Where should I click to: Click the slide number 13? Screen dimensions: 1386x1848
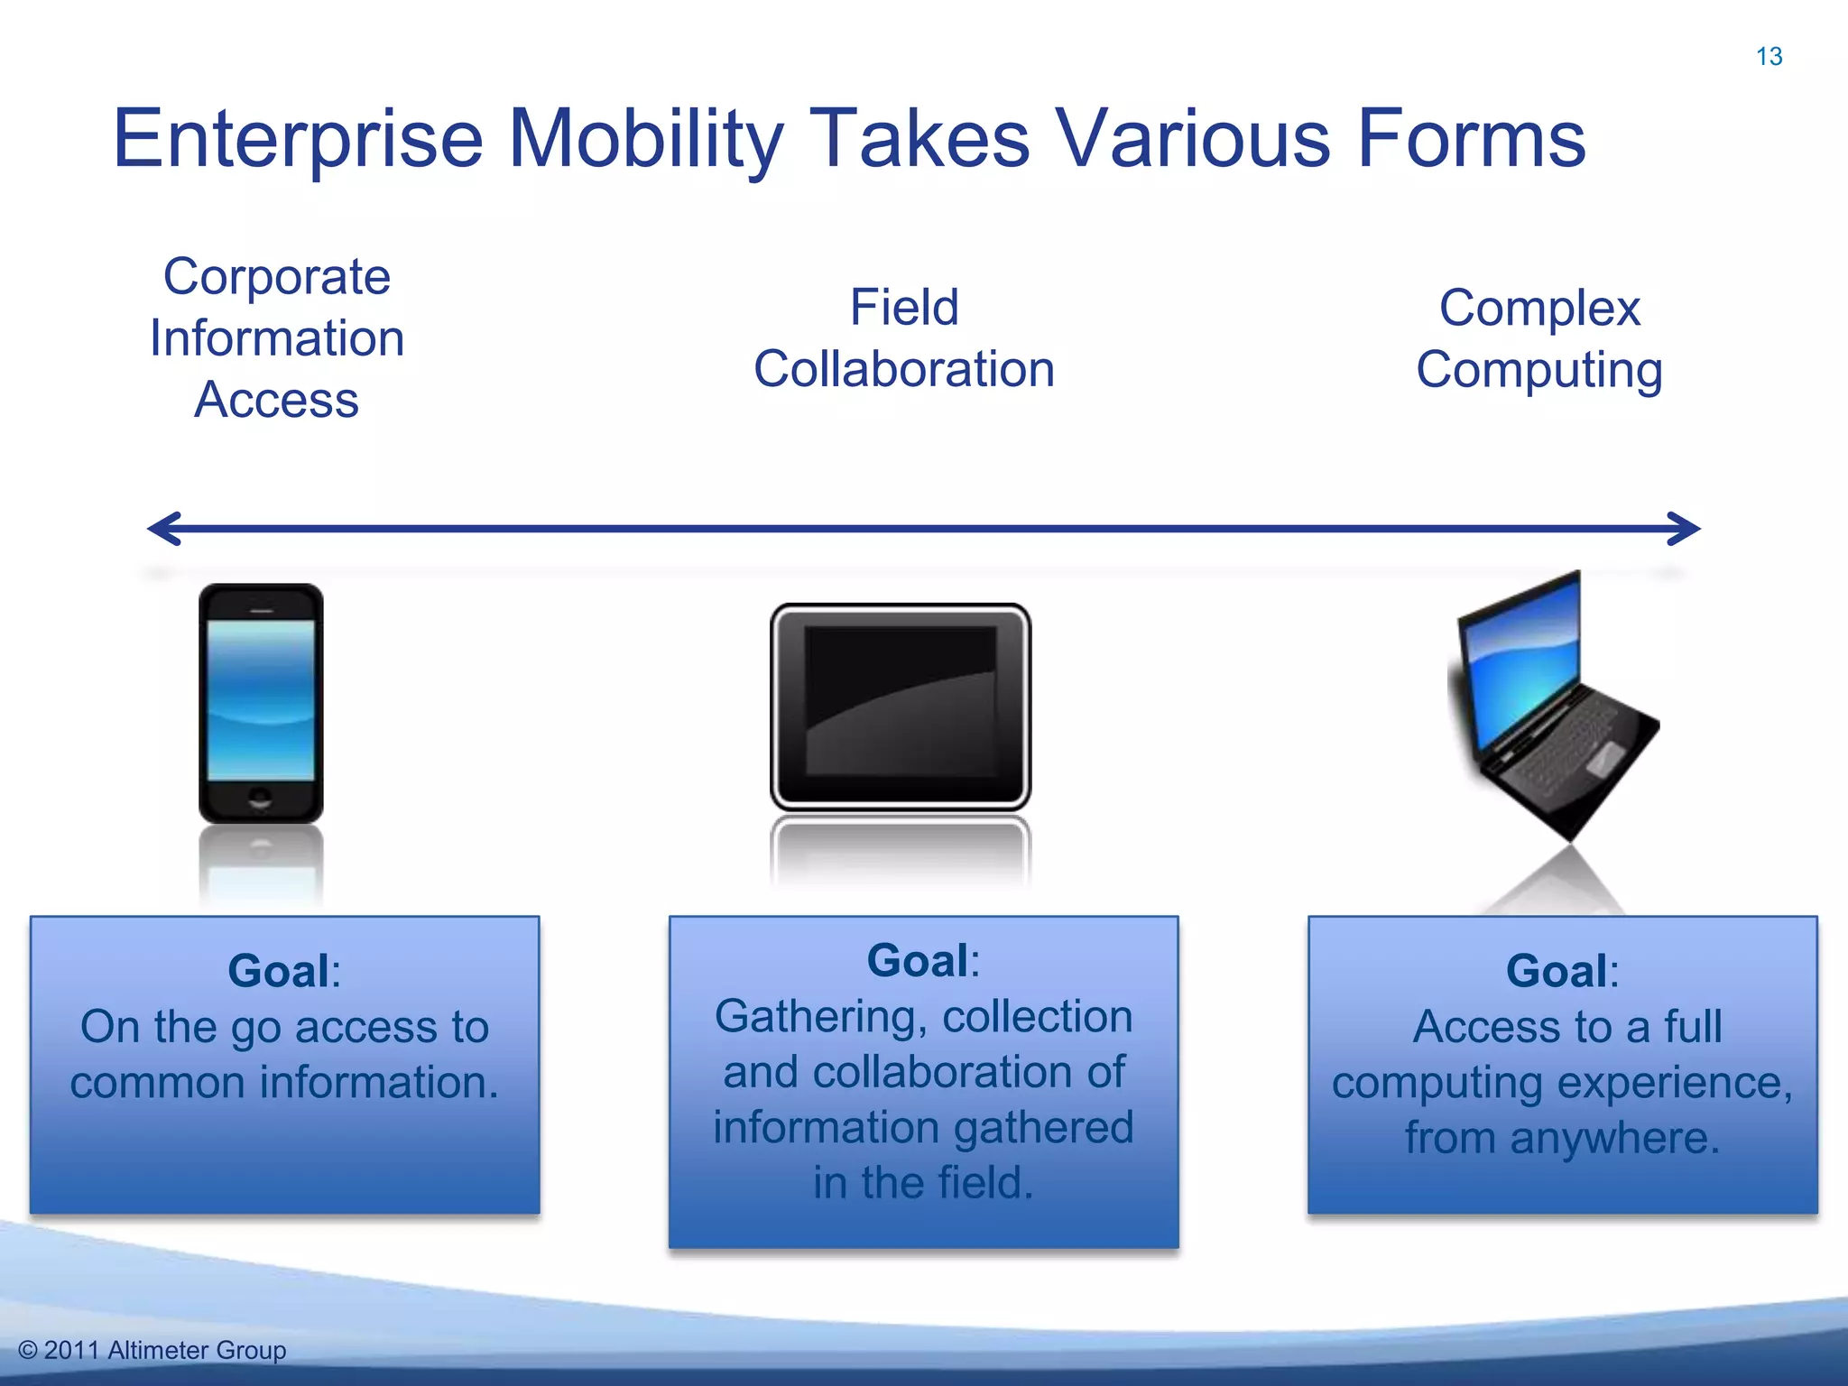click(x=1769, y=57)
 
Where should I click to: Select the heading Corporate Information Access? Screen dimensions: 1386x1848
click(x=277, y=337)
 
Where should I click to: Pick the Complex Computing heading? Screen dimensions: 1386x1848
click(x=1539, y=338)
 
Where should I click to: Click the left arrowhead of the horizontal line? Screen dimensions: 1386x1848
click(x=162, y=529)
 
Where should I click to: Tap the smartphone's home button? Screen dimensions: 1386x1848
click(x=260, y=798)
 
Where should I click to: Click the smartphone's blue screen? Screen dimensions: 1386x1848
click(x=261, y=699)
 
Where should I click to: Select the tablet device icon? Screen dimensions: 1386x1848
click(x=901, y=706)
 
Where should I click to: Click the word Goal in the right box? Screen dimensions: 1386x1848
click(x=1557, y=972)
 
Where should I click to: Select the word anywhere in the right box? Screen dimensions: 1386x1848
click(x=1615, y=1138)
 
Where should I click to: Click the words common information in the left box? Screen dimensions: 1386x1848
click(x=284, y=1082)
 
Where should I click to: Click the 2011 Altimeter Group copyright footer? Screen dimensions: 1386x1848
click(x=153, y=1350)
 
